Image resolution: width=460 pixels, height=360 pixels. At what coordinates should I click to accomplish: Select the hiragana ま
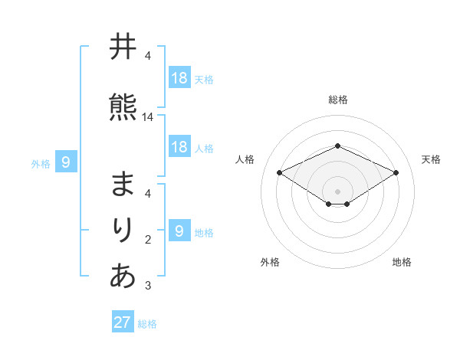point(123,185)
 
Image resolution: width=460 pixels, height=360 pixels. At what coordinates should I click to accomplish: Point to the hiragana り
point(123,230)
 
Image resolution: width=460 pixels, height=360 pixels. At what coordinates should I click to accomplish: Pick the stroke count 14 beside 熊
point(148,117)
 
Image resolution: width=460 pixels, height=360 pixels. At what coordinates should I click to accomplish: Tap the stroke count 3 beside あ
point(148,286)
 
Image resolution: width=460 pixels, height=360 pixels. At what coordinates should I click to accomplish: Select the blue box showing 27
point(123,322)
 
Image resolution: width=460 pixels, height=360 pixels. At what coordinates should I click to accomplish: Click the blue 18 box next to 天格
point(179,78)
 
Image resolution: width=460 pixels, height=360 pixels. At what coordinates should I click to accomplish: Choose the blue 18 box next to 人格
point(179,147)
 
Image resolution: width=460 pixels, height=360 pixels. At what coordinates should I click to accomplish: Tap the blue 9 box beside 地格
point(179,231)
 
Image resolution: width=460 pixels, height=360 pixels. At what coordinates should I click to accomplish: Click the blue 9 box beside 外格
point(66,162)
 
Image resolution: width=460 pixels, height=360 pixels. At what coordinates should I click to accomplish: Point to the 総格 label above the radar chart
point(337,100)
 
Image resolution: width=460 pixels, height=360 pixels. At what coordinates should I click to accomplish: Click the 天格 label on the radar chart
point(431,159)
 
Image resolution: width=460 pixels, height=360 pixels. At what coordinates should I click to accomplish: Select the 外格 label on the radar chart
point(270,262)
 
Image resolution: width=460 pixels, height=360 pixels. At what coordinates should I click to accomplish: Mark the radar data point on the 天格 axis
point(396,172)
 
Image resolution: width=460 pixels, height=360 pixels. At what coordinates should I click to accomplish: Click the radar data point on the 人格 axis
point(279,172)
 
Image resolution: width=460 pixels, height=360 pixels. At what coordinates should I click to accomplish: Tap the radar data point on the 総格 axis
point(337,146)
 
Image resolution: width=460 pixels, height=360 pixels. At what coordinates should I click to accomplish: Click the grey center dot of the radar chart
point(337,191)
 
